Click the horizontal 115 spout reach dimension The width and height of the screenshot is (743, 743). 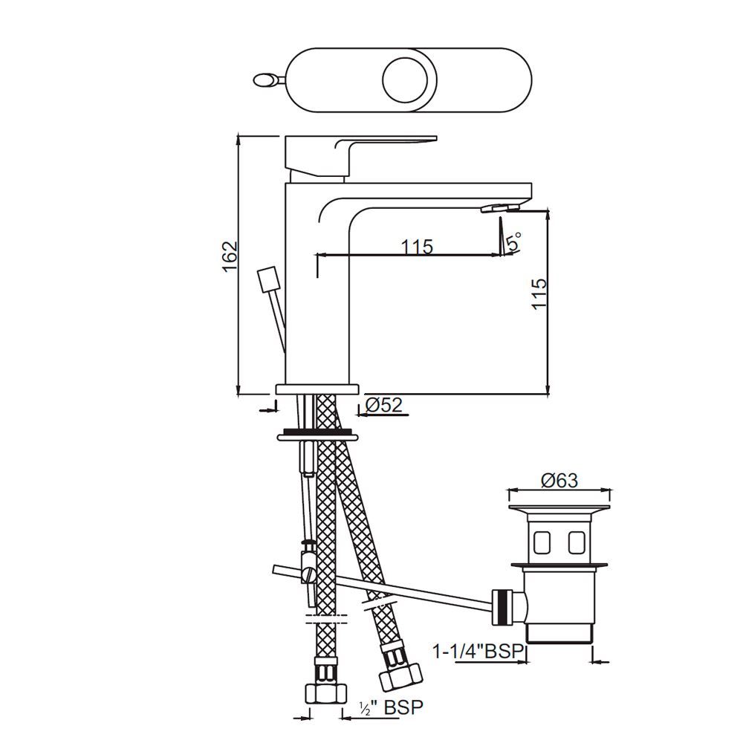coord(418,247)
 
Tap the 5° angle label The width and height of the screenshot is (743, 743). coord(513,241)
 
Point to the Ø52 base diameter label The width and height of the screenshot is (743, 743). coord(383,405)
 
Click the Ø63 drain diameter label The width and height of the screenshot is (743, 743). coord(559,481)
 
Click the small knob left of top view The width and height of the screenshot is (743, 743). coord(265,80)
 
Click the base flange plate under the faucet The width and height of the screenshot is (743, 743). coord(317,389)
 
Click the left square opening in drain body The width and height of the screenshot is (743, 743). coord(542,543)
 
